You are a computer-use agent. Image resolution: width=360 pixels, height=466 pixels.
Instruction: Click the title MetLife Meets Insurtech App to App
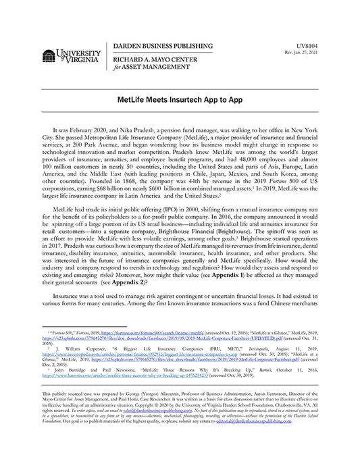click(180, 99)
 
